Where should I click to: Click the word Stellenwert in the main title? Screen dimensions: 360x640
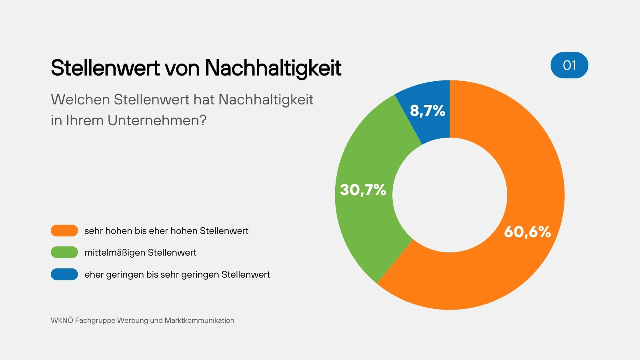[x=105, y=68]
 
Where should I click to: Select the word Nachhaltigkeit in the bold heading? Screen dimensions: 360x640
[x=273, y=68]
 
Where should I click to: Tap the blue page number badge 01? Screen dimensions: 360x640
[x=569, y=65]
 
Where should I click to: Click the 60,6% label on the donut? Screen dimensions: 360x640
[x=527, y=232]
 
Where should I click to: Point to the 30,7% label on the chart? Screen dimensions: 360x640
[x=363, y=190]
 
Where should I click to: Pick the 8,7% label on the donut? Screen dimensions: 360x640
[x=427, y=110]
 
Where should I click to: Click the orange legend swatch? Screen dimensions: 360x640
[x=64, y=231]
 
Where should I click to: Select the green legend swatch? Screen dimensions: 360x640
[x=64, y=252]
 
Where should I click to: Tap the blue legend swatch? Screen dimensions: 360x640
[x=64, y=274]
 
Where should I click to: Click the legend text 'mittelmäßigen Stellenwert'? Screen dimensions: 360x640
[x=140, y=252]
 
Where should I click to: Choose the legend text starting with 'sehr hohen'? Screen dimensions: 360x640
[x=166, y=231]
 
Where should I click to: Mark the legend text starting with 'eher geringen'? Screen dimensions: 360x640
[x=177, y=274]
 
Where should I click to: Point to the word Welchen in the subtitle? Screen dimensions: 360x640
[x=80, y=100]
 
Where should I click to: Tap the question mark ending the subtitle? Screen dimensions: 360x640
[x=203, y=120]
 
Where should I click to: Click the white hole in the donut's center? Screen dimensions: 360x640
[x=450, y=195]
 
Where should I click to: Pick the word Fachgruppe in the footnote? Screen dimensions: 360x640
[x=95, y=320]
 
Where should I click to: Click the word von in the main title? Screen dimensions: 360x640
[x=182, y=68]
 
